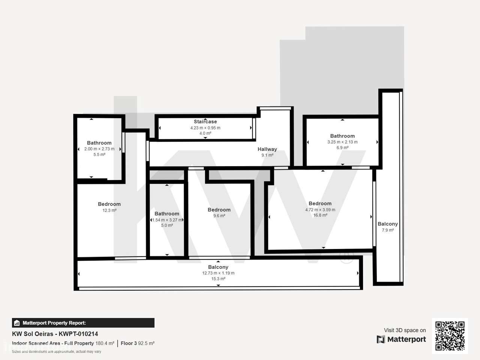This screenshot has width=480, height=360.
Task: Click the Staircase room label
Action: coord(205,121)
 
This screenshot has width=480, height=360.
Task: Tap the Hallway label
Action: coord(267,149)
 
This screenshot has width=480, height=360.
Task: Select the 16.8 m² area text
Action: coord(320,215)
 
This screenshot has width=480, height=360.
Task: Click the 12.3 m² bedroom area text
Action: coord(109,210)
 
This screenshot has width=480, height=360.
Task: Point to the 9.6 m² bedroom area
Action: coord(219,216)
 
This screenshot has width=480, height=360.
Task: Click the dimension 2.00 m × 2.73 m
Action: coord(99,149)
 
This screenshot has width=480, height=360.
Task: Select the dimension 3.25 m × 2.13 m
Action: coord(342,142)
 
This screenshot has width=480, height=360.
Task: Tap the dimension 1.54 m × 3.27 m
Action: coord(167,220)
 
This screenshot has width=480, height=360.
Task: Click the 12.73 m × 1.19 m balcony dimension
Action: coord(218,273)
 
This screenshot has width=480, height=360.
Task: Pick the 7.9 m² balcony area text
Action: coord(388,230)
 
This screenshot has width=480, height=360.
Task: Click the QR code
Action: coord(450,336)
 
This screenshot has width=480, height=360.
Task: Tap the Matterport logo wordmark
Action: coord(406,339)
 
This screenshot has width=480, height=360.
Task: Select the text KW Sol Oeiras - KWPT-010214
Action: coord(55,334)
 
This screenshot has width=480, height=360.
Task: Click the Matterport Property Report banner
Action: coord(83,323)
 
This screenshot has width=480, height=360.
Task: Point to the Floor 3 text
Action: coord(129,343)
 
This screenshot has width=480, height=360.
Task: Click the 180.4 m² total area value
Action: coord(105,343)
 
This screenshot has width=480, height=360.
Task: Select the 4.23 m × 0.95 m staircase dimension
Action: coord(205,128)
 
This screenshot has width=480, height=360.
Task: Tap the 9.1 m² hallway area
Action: coord(267,155)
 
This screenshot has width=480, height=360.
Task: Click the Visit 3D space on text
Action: coord(405,330)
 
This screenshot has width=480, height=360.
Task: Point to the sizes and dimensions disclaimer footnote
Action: coord(57,352)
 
